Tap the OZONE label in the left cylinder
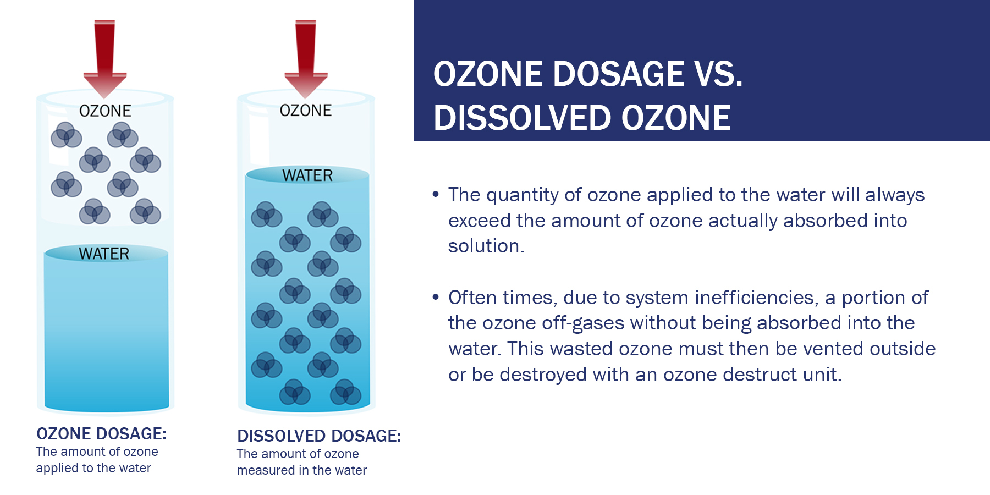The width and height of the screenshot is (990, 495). tap(105, 111)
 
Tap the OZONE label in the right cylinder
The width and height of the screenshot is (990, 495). tap(306, 110)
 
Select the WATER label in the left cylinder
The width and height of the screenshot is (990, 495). tap(104, 254)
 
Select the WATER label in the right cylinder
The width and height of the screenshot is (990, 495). tap(307, 175)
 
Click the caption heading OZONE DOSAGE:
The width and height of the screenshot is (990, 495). tap(101, 433)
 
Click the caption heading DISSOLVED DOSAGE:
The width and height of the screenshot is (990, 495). tap(319, 436)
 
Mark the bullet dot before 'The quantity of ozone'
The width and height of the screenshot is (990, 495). tap(436, 194)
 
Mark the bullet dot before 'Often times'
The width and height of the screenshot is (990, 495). tap(436, 297)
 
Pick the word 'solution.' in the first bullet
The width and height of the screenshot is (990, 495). tap(486, 246)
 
